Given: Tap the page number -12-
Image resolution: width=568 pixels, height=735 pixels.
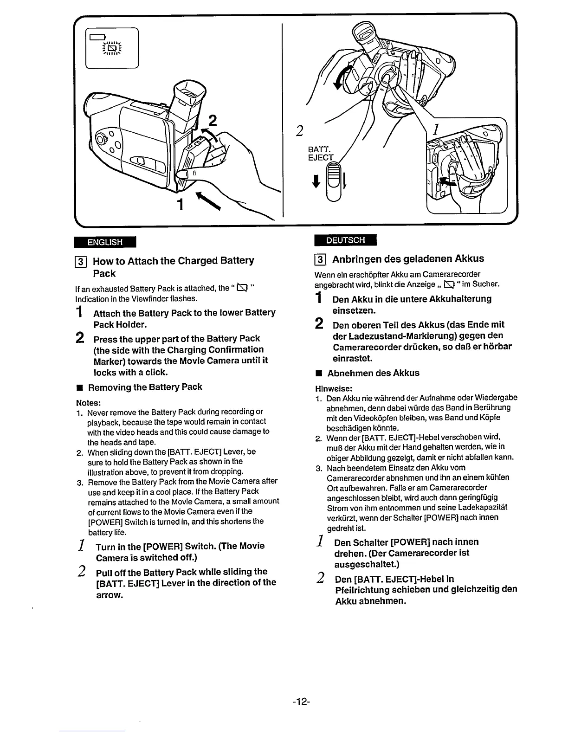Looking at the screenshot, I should pyautogui.click(x=301, y=701).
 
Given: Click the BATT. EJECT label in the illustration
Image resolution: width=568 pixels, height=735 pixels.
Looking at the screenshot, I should pyautogui.click(x=320, y=153).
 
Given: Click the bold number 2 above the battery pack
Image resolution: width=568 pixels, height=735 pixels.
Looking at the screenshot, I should pyautogui.click(x=213, y=121).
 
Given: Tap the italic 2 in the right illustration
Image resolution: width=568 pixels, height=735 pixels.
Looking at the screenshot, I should pyautogui.click(x=300, y=131).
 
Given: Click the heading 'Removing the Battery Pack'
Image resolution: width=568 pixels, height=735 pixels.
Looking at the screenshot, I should pyautogui.click(x=145, y=387).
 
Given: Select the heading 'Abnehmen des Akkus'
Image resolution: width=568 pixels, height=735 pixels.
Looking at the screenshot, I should pyautogui.click(x=373, y=373).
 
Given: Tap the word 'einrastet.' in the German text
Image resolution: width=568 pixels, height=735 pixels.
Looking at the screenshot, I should pyautogui.click(x=353, y=358).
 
